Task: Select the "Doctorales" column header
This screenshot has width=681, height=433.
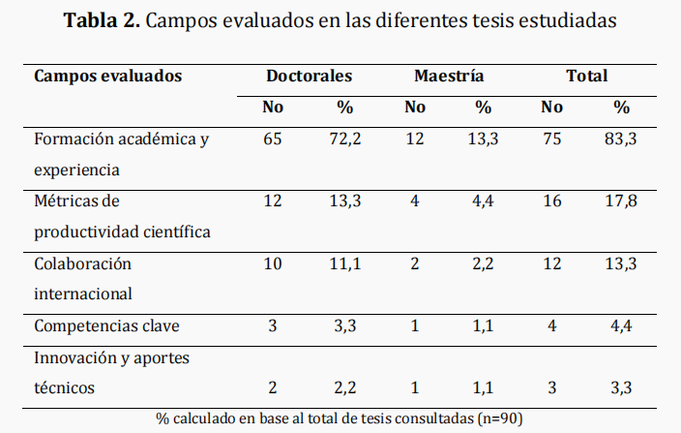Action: tap(309, 76)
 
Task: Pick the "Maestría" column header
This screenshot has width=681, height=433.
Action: tap(449, 76)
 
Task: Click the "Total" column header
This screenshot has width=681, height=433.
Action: tap(587, 76)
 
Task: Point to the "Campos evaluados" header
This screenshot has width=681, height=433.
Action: tap(108, 76)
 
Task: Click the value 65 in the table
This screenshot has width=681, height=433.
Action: tap(273, 139)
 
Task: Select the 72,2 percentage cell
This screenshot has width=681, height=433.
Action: tap(344, 139)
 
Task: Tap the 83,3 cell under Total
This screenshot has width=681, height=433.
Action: tap(621, 139)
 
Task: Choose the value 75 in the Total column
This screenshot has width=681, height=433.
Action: tap(551, 139)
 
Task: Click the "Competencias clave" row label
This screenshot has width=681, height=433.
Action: tap(106, 325)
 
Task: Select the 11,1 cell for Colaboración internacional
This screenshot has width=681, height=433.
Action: tap(344, 263)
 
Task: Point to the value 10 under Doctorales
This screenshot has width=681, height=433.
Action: tap(273, 263)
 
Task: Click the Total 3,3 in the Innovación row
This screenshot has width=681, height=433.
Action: tap(621, 387)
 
